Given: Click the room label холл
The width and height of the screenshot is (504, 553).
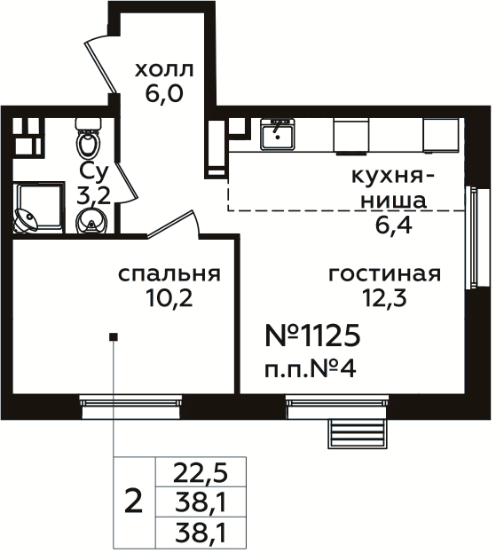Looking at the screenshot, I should (x=163, y=69).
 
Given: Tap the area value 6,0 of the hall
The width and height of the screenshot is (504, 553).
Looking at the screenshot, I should (x=164, y=93).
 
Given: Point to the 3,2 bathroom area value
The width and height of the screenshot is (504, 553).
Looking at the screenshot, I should (x=93, y=196).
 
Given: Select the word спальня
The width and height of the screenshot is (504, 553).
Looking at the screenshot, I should (x=169, y=273).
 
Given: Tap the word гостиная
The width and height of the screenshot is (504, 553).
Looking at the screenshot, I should (x=383, y=273).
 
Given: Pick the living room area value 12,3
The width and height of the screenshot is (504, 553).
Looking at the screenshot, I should (x=383, y=297).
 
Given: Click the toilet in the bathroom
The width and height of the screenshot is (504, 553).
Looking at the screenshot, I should (x=88, y=142).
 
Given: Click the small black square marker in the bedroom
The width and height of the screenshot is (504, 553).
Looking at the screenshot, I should (x=113, y=336).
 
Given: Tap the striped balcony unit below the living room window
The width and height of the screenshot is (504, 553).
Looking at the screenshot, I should (x=358, y=436).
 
